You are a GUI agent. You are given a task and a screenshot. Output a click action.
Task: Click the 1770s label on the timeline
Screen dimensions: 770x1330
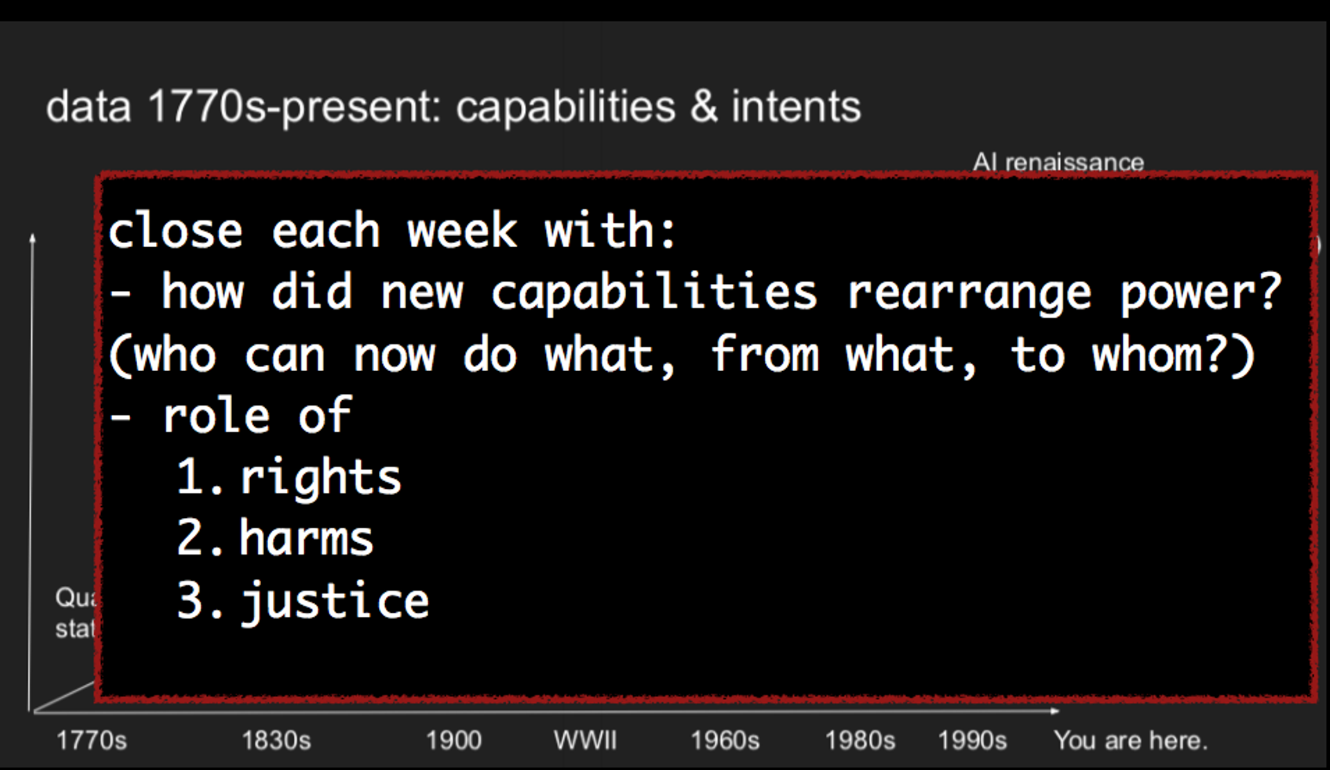point(91,740)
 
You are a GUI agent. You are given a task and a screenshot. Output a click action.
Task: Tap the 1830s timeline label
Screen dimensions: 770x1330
point(276,740)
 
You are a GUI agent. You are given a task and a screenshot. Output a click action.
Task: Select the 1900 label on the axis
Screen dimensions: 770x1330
point(454,740)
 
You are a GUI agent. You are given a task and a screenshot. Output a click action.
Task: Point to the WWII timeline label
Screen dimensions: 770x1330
point(585,740)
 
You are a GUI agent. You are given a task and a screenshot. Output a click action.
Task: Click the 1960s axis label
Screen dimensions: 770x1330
point(725,740)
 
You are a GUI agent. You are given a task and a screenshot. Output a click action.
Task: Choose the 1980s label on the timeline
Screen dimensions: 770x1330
point(860,740)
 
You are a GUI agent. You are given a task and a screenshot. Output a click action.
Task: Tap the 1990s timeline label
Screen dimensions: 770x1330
point(972,740)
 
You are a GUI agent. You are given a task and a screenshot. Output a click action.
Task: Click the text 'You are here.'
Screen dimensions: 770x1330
point(1130,740)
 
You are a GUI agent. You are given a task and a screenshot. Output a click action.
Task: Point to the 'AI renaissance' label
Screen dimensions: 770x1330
point(1058,162)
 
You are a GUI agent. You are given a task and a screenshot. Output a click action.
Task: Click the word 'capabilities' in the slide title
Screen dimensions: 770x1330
point(565,107)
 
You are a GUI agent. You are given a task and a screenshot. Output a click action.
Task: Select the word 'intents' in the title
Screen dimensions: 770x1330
point(796,107)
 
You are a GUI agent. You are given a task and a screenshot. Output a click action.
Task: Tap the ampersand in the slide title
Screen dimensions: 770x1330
point(704,107)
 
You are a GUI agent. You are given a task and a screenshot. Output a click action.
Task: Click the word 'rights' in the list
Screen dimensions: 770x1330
point(321,478)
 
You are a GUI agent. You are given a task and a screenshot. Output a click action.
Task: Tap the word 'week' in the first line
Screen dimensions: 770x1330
point(462,231)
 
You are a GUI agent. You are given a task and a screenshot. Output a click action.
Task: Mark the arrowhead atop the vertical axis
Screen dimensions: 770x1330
point(33,239)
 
